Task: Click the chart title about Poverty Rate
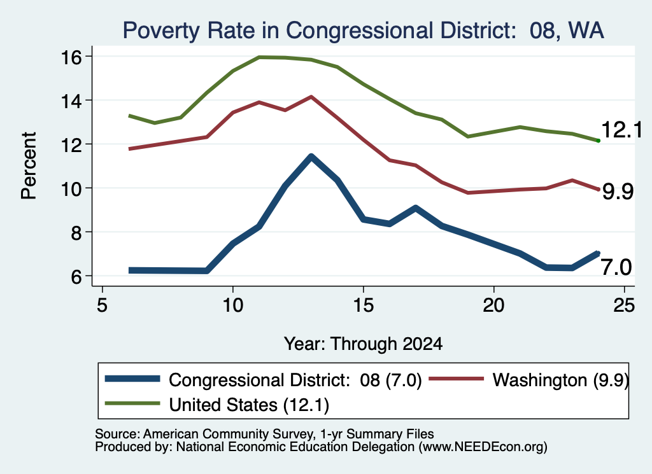pos(363,31)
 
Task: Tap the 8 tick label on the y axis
pos(76,232)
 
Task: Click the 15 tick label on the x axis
pos(364,305)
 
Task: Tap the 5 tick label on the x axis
pos(103,305)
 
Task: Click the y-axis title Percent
pos(29,166)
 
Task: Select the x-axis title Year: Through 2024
pos(363,344)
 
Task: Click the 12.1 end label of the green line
pos(621,130)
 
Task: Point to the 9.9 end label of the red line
pos(618,192)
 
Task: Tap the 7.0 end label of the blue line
pos(616,267)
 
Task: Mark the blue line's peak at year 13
pos(311,157)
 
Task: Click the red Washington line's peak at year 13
pos(311,97)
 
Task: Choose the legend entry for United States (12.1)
pos(216,405)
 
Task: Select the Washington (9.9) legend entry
pos(528,380)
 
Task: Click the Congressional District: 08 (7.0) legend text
pos(295,380)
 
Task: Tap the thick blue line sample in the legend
pos(132,379)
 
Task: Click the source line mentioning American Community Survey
pos(264,434)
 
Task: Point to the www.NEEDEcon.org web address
pos(483,447)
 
